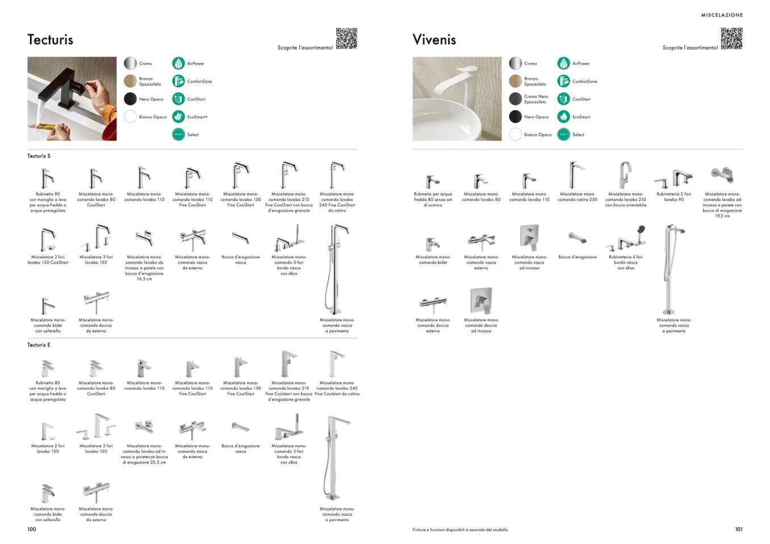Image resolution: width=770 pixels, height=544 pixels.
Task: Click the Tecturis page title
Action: tap(50, 40)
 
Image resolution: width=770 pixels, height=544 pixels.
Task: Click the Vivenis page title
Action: tap(434, 40)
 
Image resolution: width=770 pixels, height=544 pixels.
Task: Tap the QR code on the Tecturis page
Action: tap(346, 39)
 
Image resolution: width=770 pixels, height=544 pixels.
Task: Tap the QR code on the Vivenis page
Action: tap(731, 39)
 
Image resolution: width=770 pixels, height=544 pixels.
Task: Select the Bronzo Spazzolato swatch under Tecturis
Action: tap(131, 81)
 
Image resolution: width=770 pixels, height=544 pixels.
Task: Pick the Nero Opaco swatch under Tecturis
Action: tap(131, 99)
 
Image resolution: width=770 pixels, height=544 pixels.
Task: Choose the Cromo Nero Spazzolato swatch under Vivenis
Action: tap(515, 99)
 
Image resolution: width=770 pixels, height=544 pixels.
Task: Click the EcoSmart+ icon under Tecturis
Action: tap(178, 117)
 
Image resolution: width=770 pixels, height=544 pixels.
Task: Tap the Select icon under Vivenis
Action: tap(563, 134)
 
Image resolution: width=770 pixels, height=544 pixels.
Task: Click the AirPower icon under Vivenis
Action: tap(563, 64)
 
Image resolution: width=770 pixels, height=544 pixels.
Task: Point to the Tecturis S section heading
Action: tap(39, 156)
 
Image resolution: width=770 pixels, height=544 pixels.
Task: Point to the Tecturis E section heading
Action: tap(39, 345)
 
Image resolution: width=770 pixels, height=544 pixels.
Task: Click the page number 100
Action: tap(32, 529)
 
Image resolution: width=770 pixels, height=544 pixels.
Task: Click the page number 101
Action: tap(738, 529)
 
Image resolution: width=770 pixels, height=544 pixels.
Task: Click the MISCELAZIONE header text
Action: tap(721, 15)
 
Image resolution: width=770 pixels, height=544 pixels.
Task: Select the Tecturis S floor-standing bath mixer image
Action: tap(336, 269)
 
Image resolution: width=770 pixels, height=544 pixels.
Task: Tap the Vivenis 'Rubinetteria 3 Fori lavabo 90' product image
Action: tap(674, 178)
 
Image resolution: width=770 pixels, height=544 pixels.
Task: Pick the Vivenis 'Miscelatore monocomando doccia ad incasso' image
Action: tap(481, 301)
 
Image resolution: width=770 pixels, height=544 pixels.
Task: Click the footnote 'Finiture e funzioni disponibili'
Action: tap(461, 530)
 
